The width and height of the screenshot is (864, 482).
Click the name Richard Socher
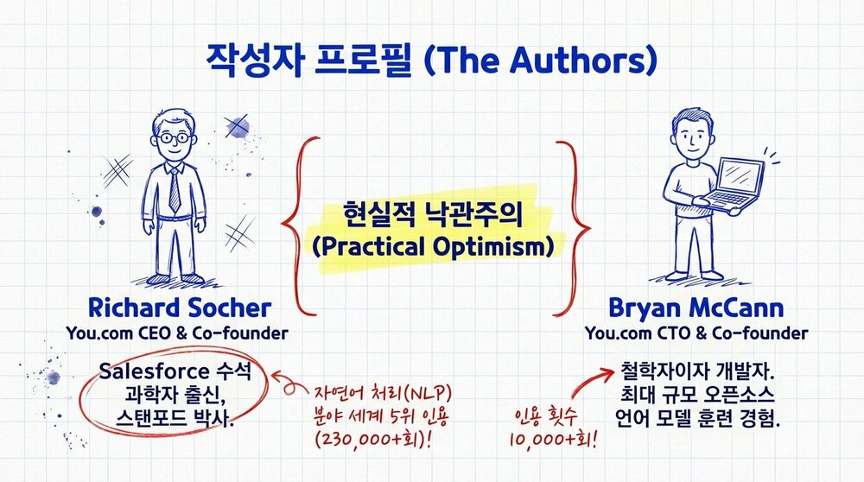point(180,308)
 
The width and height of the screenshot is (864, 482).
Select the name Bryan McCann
point(696,308)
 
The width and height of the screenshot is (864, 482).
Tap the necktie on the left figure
point(175,190)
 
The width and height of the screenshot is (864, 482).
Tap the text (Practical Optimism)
point(433,246)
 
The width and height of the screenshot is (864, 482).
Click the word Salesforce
point(155,371)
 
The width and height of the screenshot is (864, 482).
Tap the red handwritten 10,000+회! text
point(553,439)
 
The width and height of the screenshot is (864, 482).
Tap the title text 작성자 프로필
point(309,60)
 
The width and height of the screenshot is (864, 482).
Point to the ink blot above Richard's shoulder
point(238,127)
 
